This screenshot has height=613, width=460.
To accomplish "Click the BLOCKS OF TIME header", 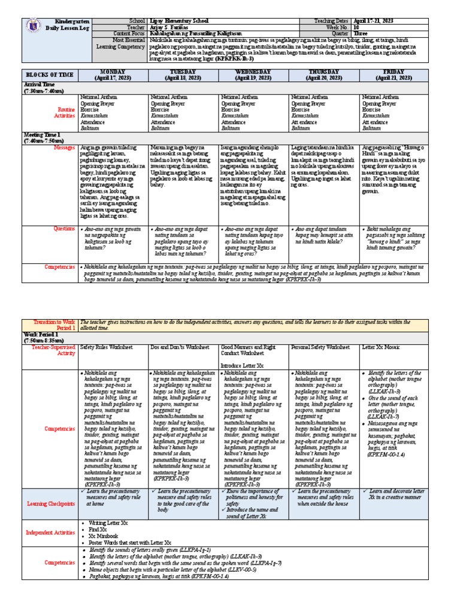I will click(x=48, y=75).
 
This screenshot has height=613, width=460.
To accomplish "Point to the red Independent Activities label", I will click(x=50, y=532).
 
